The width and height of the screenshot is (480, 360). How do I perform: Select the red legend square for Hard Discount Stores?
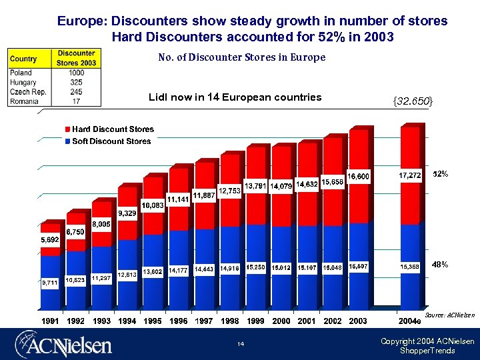pyautogui.click(x=67, y=129)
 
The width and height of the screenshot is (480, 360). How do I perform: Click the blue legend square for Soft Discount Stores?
pyautogui.click(x=67, y=141)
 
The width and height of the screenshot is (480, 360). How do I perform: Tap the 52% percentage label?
pyautogui.click(x=440, y=174)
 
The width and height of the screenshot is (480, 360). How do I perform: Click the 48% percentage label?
pyautogui.click(x=440, y=265)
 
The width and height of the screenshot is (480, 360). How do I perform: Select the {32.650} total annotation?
pyautogui.click(x=413, y=101)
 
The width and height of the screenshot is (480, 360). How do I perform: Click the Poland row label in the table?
pyautogui.click(x=21, y=73)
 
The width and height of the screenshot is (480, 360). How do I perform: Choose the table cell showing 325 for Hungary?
pyautogui.click(x=77, y=82)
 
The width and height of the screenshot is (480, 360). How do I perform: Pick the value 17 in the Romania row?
pyautogui.click(x=77, y=101)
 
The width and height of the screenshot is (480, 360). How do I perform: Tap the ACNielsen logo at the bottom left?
pyautogui.click(x=63, y=345)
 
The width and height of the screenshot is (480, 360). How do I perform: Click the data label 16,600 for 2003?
pyautogui.click(x=358, y=176)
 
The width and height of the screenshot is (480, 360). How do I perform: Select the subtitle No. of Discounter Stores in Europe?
pyautogui.click(x=241, y=57)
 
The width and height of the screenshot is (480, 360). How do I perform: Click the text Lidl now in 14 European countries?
pyautogui.click(x=235, y=97)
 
